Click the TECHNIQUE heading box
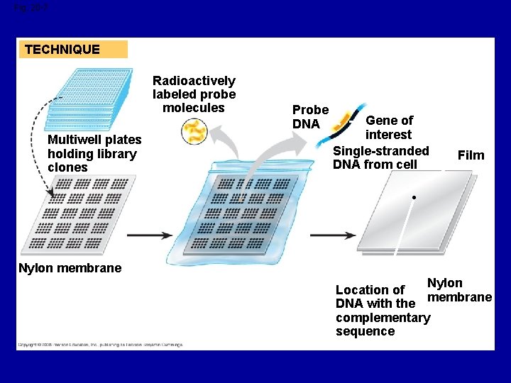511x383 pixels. click(73, 50)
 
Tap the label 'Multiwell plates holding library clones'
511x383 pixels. click(94, 154)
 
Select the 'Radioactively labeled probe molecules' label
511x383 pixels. click(194, 94)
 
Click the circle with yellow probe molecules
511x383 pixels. click(194, 132)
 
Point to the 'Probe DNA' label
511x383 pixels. click(310, 117)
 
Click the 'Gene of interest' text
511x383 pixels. click(388, 128)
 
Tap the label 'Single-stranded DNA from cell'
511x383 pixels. click(381, 157)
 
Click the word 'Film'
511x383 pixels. click(471, 155)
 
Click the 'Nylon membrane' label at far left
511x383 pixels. click(70, 268)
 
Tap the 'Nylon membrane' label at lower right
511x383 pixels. click(457, 290)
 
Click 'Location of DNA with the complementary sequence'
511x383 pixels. click(382, 311)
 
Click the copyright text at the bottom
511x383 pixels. click(100, 345)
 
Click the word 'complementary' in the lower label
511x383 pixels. click(383, 318)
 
